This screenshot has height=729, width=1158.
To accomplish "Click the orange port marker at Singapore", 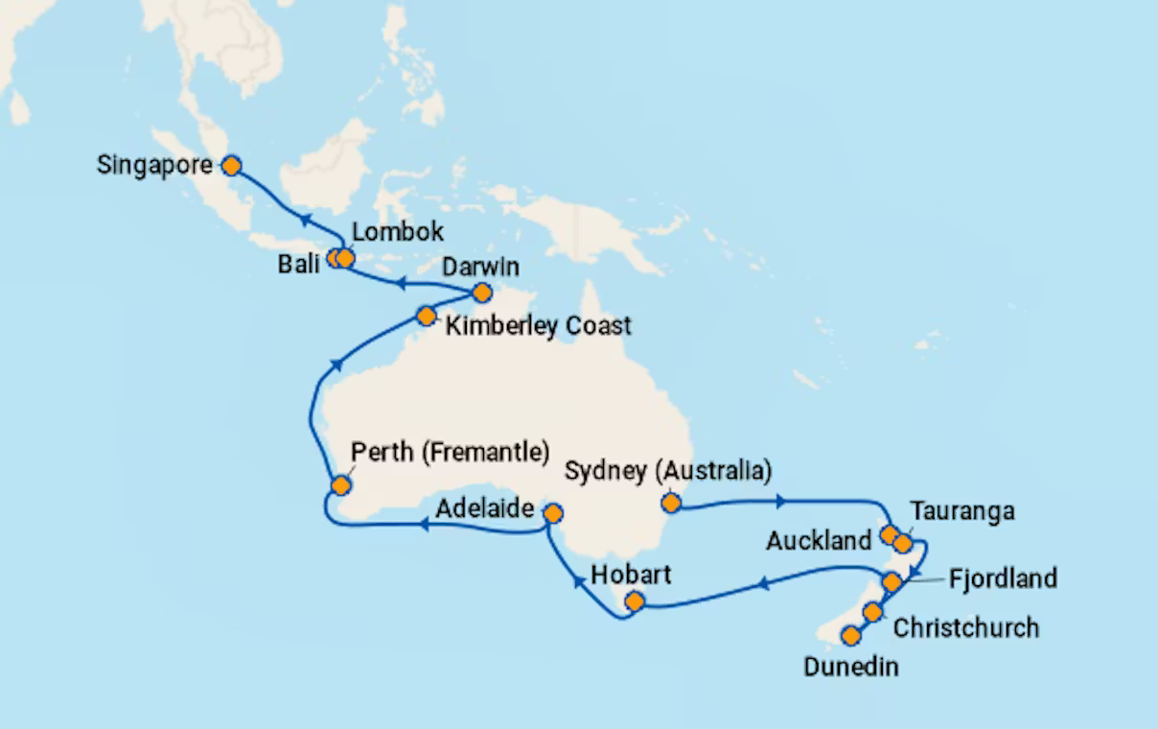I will [231, 166].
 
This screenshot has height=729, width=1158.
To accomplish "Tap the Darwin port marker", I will [482, 293].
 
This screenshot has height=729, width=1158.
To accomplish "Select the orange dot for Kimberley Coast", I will [426, 316].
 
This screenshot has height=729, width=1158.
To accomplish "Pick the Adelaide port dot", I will [552, 513].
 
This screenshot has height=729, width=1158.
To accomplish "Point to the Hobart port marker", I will [634, 602].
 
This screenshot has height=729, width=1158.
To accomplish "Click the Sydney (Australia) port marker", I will [671, 501].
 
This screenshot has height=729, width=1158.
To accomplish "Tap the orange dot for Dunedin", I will [849, 635].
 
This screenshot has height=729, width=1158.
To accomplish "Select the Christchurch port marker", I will [872, 612].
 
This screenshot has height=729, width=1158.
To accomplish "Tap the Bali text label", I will [298, 265].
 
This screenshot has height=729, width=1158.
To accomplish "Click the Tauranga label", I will [961, 511].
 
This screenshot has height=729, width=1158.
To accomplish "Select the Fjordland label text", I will [1003, 578].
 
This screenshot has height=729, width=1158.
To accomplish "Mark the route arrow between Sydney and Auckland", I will [783, 501].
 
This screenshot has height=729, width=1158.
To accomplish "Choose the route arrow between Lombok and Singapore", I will [298, 219].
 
